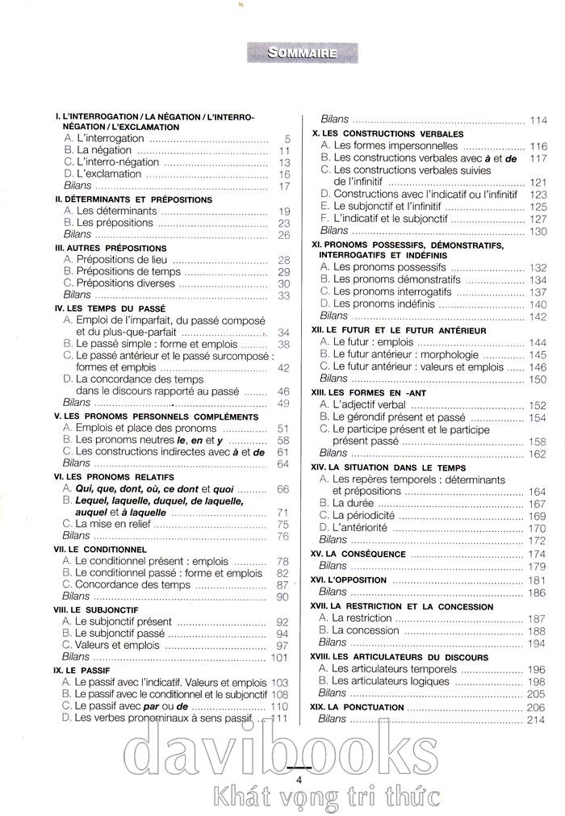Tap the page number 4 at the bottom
pos(299,780)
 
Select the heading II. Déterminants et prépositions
pos(133,199)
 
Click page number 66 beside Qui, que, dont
pos(282,489)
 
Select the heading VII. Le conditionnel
pos(99,549)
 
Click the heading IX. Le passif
pos(81,670)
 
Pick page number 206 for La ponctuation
pos(536,707)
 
